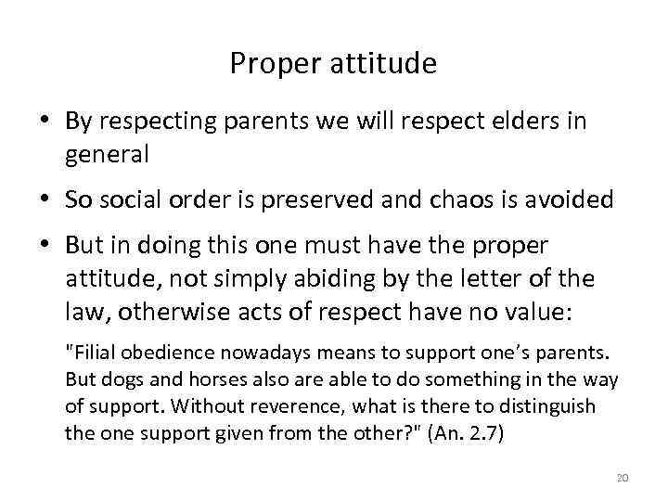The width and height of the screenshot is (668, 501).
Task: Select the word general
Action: tap(107, 155)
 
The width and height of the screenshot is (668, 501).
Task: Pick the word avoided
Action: tap(572, 200)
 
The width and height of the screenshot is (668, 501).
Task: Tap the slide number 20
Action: tap(622, 477)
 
